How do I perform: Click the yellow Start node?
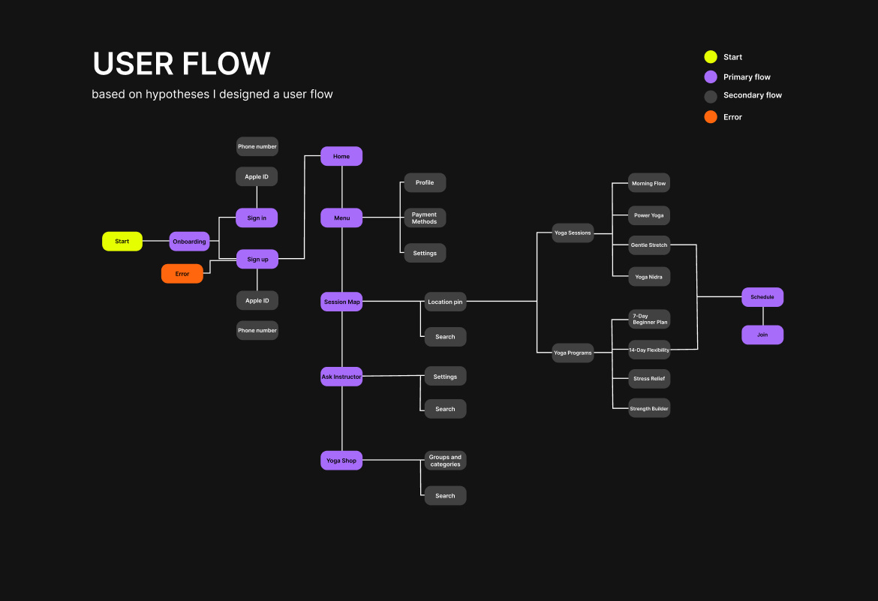[122, 242]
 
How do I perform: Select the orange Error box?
[182, 274]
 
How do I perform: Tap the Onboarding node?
[189, 242]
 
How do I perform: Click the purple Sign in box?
[257, 218]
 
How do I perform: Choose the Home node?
[341, 156]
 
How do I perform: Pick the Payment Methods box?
[424, 218]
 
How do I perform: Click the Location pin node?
[445, 302]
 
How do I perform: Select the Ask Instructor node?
[341, 377]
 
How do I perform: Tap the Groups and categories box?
[445, 461]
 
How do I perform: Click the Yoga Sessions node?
[573, 233]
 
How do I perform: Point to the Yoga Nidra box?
[649, 277]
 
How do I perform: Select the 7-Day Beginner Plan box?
[649, 319]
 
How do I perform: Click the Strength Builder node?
[649, 409]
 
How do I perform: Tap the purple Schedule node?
[762, 297]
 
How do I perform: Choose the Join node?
[762, 335]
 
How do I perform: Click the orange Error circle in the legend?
[711, 117]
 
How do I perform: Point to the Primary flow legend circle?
[711, 77]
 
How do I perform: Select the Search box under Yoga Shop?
[445, 496]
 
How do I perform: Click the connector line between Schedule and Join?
[762, 316]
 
